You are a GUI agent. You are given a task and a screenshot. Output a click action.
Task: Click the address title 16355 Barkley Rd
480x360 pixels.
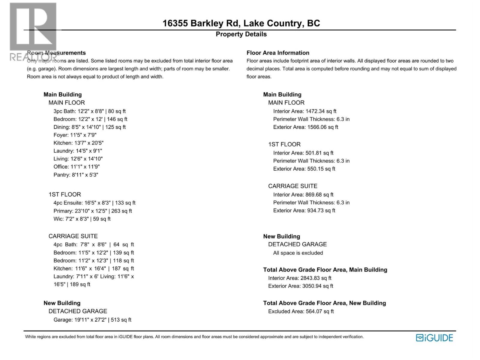tap(241, 23)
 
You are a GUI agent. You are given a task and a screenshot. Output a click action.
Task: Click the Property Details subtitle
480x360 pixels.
tap(241, 34)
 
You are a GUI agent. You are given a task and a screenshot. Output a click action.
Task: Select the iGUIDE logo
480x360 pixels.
tap(434, 338)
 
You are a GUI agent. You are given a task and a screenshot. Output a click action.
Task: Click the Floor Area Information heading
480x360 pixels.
tap(278, 53)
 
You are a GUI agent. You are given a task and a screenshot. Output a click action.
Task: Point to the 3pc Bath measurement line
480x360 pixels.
tap(89, 111)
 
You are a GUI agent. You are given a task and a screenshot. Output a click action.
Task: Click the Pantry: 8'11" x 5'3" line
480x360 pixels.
tap(76, 175)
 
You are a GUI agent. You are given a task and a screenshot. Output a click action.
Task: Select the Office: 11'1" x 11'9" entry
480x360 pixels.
tap(76, 167)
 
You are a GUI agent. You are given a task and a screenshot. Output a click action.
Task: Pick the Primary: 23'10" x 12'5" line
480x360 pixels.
tap(93, 211)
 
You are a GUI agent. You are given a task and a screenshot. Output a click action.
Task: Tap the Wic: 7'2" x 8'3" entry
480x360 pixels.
tap(82, 219)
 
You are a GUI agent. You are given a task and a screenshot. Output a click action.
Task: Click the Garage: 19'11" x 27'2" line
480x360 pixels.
tap(92, 320)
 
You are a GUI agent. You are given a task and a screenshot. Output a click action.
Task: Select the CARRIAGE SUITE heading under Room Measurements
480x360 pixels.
tap(73, 236)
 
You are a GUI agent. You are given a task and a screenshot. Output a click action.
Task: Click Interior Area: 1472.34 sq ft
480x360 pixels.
tap(305, 111)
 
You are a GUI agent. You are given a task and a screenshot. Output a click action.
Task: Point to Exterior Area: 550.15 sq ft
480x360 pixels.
tap(304, 169)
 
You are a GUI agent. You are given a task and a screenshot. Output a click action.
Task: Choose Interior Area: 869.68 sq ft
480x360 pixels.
tap(303, 195)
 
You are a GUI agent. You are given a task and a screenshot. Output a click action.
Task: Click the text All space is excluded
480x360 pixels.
tap(298, 253)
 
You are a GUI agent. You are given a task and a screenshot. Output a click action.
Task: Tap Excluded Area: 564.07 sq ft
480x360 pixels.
tap(301, 311)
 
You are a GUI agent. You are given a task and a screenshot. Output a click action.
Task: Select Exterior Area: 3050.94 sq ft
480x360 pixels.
tap(301, 286)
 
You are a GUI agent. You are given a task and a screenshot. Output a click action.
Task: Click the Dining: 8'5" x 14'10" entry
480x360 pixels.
tap(89, 127)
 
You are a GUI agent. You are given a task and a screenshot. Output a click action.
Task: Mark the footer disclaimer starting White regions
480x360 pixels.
tap(194, 337)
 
